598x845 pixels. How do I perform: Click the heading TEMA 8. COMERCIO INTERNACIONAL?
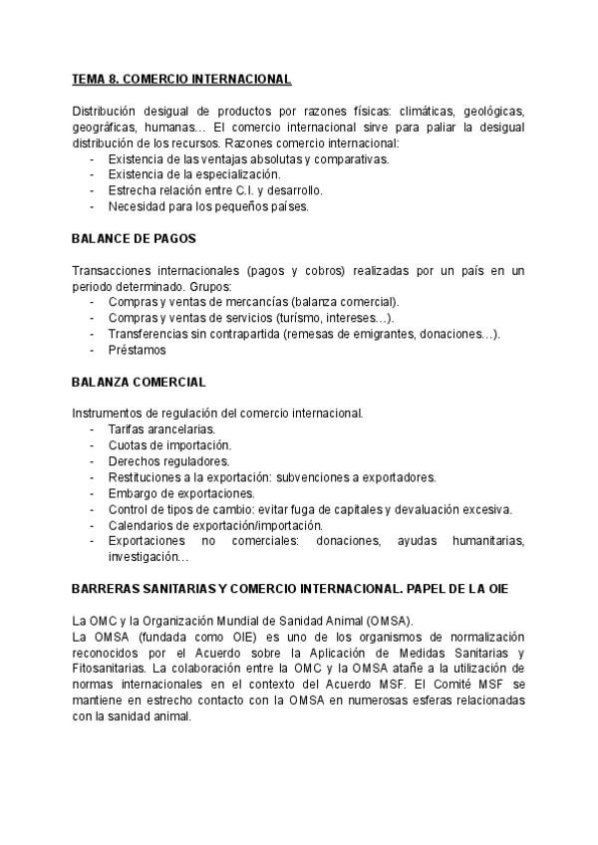point(181,78)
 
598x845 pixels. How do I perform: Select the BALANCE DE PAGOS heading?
point(134,238)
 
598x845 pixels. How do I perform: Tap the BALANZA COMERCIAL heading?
point(139,382)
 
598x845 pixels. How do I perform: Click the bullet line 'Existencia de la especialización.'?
point(194,173)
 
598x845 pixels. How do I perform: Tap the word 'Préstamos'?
point(137,350)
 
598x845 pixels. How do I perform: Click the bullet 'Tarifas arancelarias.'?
point(161,428)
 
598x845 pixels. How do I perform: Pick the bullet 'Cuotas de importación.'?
point(169,444)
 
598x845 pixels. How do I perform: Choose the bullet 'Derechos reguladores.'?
point(168,460)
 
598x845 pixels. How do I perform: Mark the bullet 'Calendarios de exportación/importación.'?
point(216,525)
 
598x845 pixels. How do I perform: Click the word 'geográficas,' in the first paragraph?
point(106,126)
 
